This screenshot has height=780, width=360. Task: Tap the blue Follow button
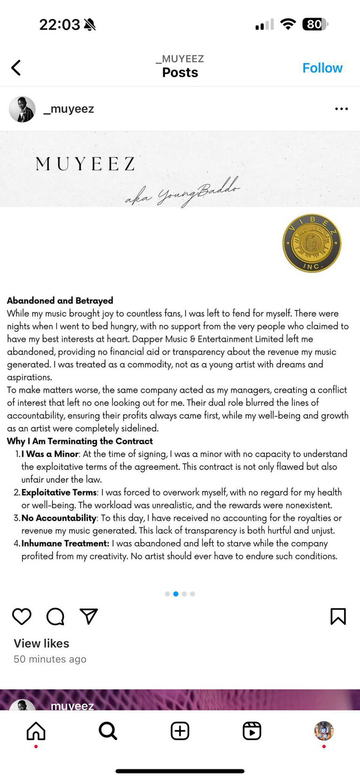pos(322,68)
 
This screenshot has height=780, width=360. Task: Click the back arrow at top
pos(16,68)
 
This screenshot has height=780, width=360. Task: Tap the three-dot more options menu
pos(341,109)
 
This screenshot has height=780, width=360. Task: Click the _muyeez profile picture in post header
pos(22,109)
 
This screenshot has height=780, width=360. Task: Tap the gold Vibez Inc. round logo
pos(312,243)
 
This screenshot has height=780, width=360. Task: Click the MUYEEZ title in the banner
pos(85,164)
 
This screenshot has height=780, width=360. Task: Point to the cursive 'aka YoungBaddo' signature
pos(182,191)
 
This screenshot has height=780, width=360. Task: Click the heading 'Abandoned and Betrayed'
pos(60,301)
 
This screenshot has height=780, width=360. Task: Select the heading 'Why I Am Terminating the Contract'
pos(79,441)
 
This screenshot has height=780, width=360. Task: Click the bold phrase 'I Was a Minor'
pos(50,454)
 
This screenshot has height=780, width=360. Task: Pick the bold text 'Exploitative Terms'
pos(59,492)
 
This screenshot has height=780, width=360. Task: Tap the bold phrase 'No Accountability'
pos(59,518)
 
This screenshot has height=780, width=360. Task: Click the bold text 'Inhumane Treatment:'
pos(65,544)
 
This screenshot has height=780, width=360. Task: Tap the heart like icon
pos(22,616)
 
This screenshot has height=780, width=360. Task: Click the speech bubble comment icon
pos(55,616)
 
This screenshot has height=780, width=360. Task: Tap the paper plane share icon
pos(88,616)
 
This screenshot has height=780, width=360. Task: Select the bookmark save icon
pos(338,616)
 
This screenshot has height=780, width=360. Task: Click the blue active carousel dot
pos(176,594)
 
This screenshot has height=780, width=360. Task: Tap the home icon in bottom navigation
pos(36,731)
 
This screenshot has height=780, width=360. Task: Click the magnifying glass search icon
pos(108,731)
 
